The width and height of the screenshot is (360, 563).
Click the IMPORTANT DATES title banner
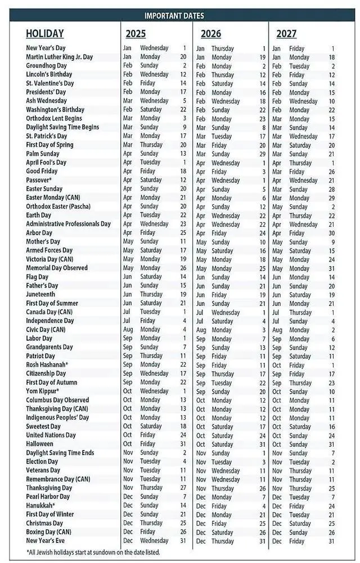(174, 16)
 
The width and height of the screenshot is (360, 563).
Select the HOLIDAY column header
(45, 34)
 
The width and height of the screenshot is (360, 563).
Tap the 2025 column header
(136, 34)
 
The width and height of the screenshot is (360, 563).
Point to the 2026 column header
(211, 34)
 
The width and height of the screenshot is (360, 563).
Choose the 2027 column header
(286, 34)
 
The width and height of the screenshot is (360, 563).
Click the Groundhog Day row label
(47, 66)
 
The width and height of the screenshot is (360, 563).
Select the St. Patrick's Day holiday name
(47, 136)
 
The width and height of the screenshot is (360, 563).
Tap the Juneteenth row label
(40, 294)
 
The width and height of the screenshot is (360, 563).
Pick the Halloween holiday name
(40, 444)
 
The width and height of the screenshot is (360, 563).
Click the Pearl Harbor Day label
(48, 497)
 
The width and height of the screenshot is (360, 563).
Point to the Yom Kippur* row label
(43, 391)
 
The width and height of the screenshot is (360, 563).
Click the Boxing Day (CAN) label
(48, 532)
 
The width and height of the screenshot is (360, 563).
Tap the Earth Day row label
(39, 215)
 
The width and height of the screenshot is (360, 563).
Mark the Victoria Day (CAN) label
(49, 259)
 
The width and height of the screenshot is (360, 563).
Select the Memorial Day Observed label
(57, 268)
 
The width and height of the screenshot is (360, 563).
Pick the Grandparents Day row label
(49, 347)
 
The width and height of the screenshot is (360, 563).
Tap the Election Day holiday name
(43, 461)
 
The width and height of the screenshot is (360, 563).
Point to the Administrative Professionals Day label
(68, 224)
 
